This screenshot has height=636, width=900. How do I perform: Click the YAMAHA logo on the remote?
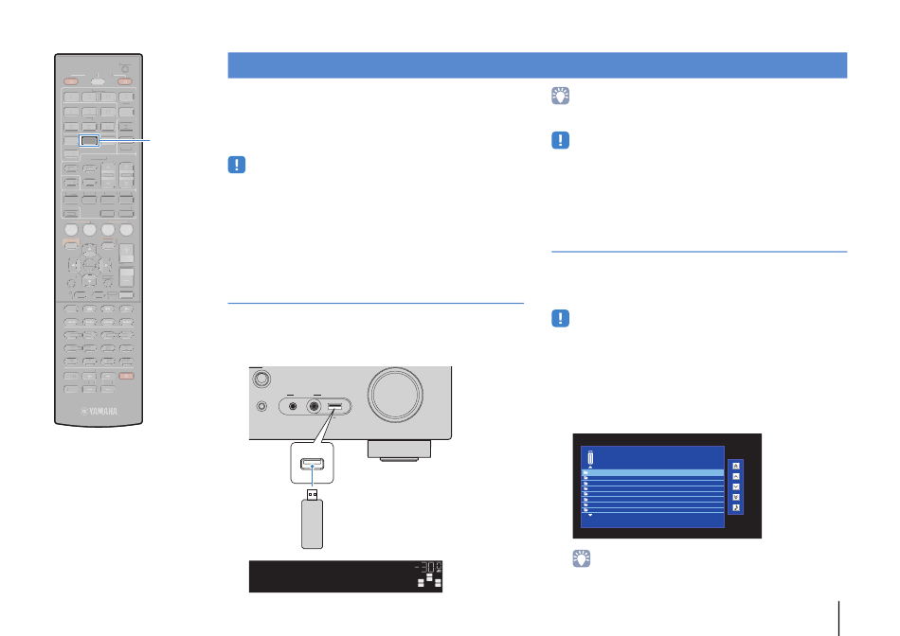(99, 411)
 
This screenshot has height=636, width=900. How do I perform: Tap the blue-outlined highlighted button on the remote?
(89, 140)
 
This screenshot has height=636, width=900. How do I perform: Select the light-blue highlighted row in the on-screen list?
(653, 473)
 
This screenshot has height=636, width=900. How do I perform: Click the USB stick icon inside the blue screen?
(590, 458)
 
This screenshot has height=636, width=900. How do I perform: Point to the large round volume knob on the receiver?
(395, 396)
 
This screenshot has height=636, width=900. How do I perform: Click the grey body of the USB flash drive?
(313, 524)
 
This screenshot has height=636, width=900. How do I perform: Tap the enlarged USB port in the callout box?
(313, 464)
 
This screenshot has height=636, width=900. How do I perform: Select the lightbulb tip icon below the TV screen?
(582, 558)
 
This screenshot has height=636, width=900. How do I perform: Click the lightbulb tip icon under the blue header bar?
(560, 96)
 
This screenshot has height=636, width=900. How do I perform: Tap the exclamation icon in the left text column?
(237, 166)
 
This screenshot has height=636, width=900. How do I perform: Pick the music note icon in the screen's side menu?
(736, 507)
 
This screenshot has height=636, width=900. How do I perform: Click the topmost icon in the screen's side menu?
(736, 466)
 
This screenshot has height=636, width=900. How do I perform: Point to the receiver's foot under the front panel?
(399, 450)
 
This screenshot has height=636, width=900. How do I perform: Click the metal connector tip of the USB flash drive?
(313, 494)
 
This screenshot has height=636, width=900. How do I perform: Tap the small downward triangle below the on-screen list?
(590, 515)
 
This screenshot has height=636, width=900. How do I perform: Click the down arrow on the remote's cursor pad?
(90, 281)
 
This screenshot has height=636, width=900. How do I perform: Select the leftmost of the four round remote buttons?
(71, 229)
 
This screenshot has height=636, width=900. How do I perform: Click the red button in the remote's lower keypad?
(127, 377)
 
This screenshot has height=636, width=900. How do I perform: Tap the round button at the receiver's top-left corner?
(261, 379)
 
